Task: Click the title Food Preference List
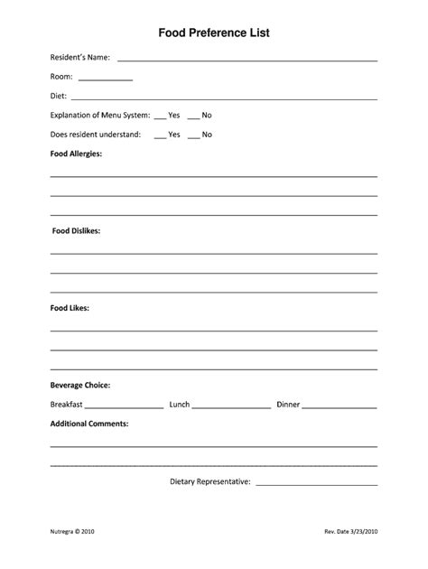[x=214, y=33]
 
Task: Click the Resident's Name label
[x=80, y=58]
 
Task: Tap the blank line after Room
[x=106, y=79]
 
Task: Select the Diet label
[x=58, y=96]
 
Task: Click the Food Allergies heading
[x=76, y=154]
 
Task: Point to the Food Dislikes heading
[x=76, y=230]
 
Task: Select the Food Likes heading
[x=70, y=308]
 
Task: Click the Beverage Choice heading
[x=80, y=385]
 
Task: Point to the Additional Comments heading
[x=89, y=424]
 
